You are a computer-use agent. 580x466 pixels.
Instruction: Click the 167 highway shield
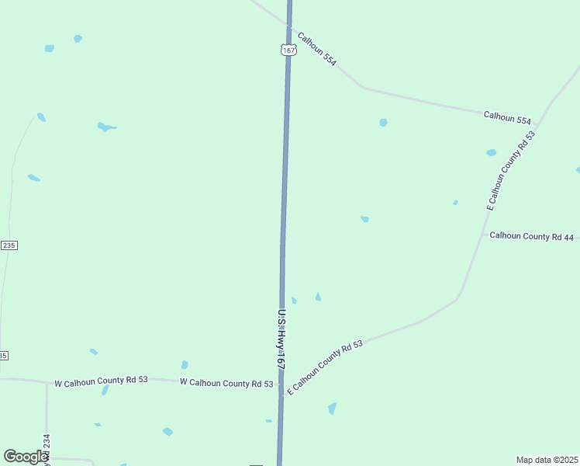pyautogui.click(x=288, y=50)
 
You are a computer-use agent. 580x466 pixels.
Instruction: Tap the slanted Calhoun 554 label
pyautogui.click(x=317, y=48)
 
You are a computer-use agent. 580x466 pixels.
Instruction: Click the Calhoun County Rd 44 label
pyautogui.click(x=531, y=237)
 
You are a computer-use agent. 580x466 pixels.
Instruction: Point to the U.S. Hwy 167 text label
pyautogui.click(x=281, y=339)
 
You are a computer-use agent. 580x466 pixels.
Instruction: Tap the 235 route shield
pyautogui.click(x=9, y=245)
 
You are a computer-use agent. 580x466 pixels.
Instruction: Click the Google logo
pyautogui.click(x=26, y=457)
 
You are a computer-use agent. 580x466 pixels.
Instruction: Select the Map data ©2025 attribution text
pyautogui.click(x=547, y=460)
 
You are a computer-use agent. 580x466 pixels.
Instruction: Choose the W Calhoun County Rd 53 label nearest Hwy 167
pyautogui.click(x=226, y=384)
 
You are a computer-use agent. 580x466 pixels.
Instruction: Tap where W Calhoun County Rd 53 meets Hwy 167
pyautogui.click(x=280, y=384)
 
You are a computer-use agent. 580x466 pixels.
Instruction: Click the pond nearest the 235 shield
pyautogui.click(x=33, y=178)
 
